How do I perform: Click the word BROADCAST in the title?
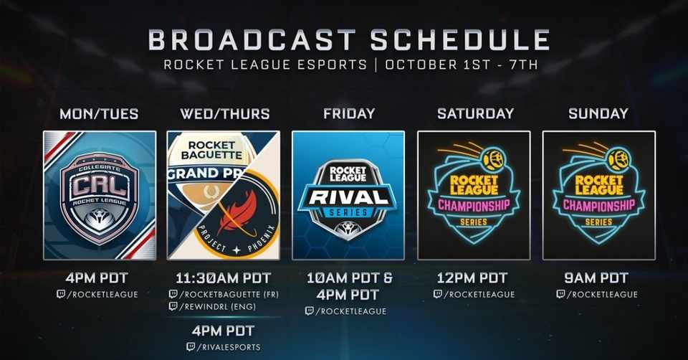(252, 39)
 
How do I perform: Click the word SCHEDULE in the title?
(460, 39)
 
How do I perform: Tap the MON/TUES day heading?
(99, 114)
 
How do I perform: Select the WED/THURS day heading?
(224, 114)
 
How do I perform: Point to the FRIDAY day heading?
(349, 114)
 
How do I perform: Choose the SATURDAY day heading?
(475, 114)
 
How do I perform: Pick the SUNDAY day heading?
(598, 114)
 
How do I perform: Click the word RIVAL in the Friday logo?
(348, 197)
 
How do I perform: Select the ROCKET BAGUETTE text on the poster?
(211, 150)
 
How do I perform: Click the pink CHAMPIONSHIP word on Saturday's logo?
(474, 205)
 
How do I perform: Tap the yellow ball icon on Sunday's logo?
(619, 160)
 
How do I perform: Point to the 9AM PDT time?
(596, 278)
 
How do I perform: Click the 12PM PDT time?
(472, 278)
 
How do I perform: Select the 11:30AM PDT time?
(224, 278)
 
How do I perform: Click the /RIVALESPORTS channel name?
(229, 347)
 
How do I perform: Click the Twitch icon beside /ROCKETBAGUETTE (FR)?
(173, 294)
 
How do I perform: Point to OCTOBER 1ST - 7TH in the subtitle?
(462, 65)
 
